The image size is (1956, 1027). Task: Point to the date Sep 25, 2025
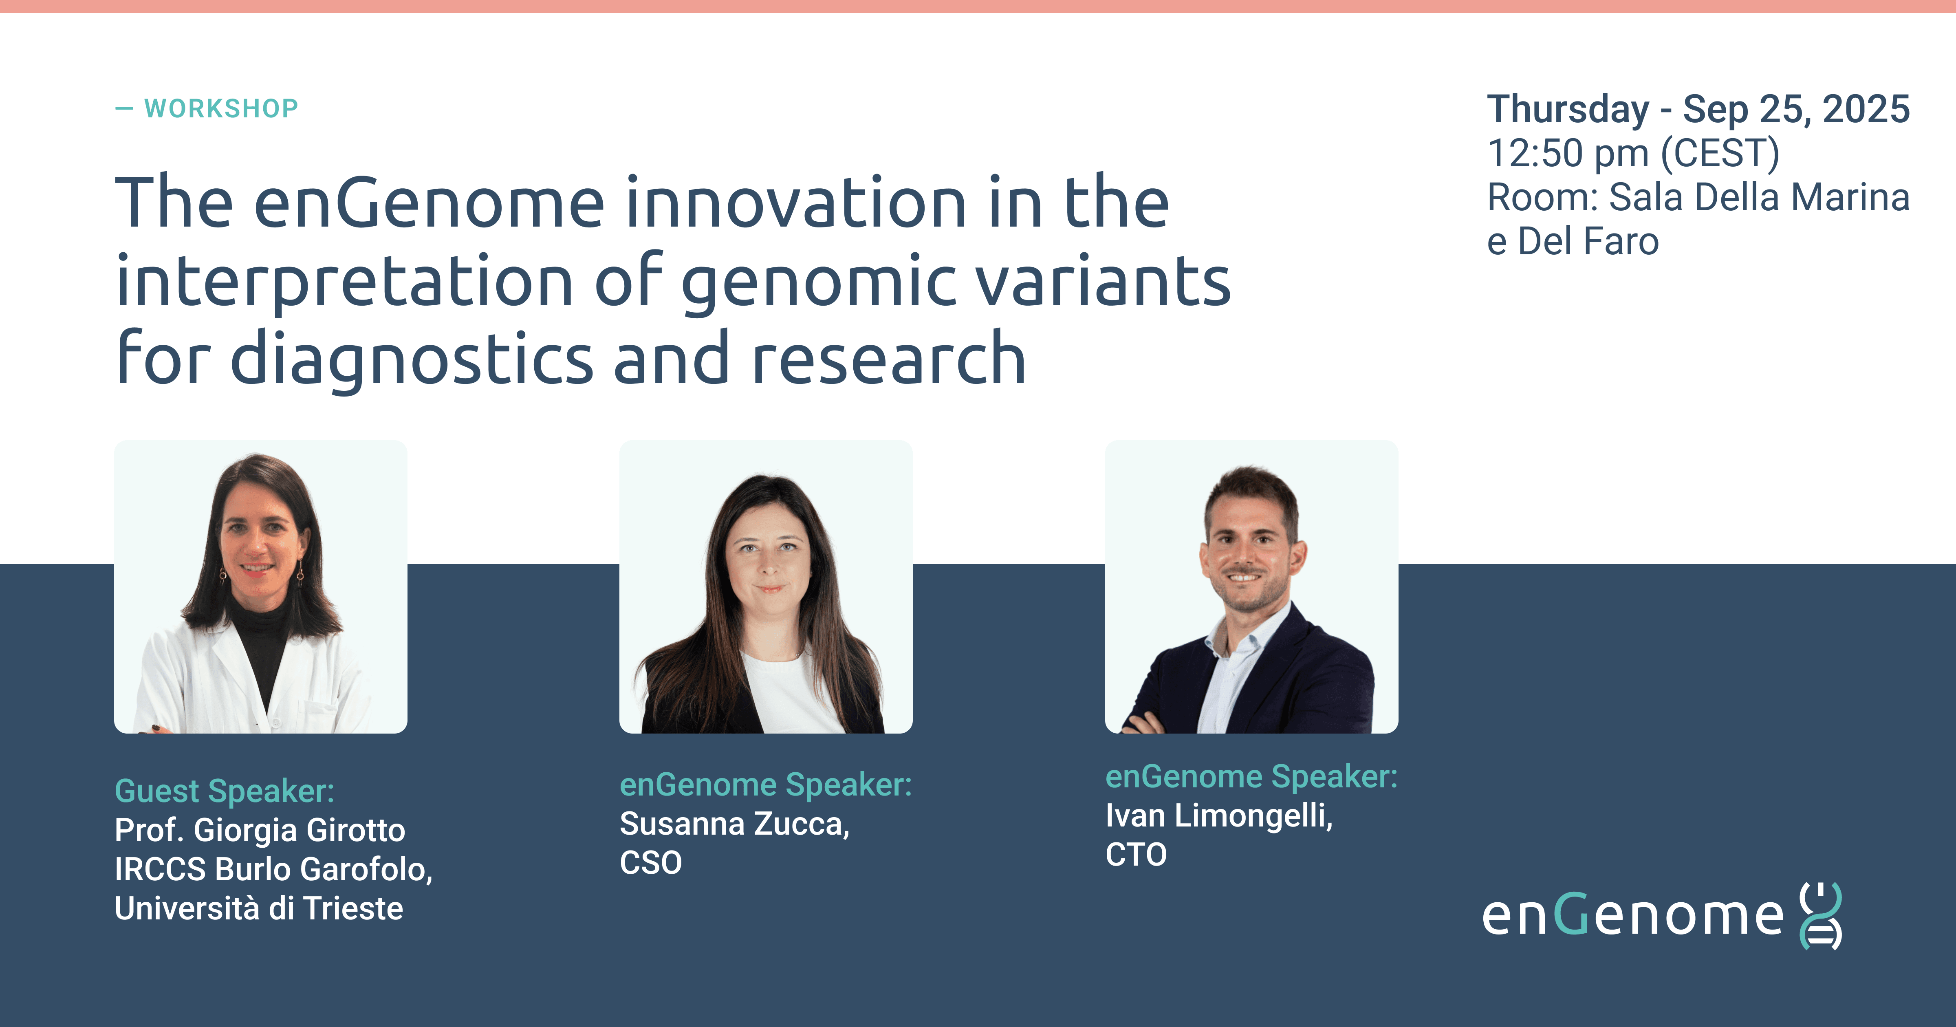[1796, 109]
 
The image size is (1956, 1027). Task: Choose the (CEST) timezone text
[1720, 154]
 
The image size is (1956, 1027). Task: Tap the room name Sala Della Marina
[1759, 198]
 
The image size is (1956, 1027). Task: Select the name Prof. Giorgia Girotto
[260, 830]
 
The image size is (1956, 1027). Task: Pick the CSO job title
[651, 863]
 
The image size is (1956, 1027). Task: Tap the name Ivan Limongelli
[1219, 816]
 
